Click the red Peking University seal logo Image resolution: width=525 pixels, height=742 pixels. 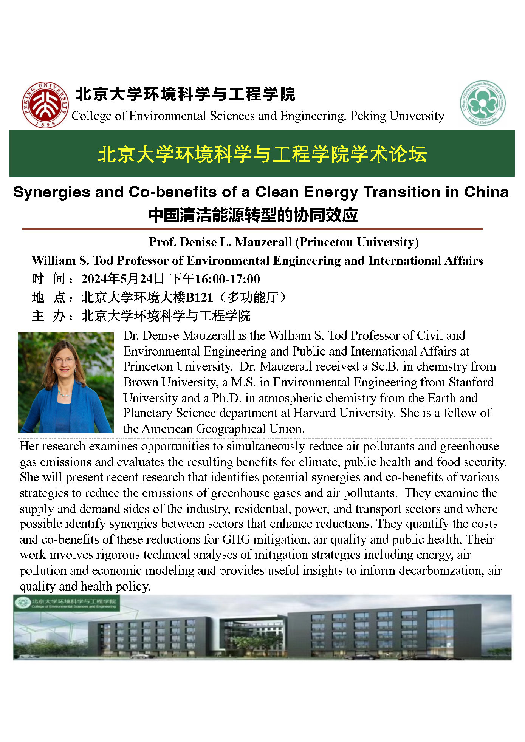click(x=45, y=105)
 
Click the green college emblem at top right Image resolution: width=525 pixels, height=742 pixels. click(x=482, y=103)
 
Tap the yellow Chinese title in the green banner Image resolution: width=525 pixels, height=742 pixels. click(x=262, y=154)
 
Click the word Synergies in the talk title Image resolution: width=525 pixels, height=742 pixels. click(x=51, y=192)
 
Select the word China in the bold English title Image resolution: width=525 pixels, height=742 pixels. click(x=486, y=192)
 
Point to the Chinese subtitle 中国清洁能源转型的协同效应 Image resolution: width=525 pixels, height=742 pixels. click(x=252, y=215)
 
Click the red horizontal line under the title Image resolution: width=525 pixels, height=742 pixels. click(x=252, y=229)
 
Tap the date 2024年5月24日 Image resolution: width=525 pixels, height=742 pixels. click(x=122, y=279)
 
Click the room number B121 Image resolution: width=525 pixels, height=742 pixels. click(x=199, y=297)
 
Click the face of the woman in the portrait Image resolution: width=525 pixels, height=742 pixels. click(x=64, y=360)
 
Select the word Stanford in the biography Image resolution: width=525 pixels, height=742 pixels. click(x=471, y=382)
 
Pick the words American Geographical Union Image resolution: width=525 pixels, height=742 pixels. click(x=223, y=429)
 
